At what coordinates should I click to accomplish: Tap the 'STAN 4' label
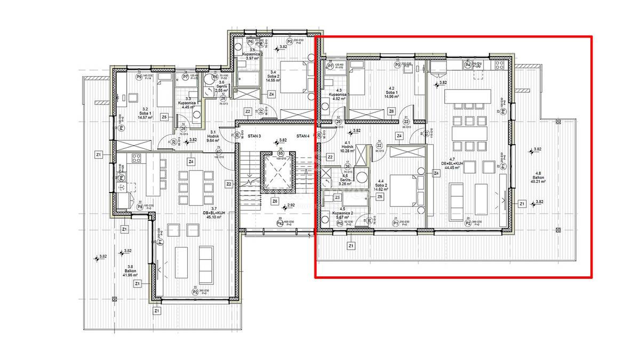pyautogui.click(x=303, y=137)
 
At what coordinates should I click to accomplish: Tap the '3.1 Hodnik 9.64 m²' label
pyautogui.click(x=213, y=136)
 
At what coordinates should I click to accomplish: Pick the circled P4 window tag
pyautogui.click(x=468, y=65)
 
